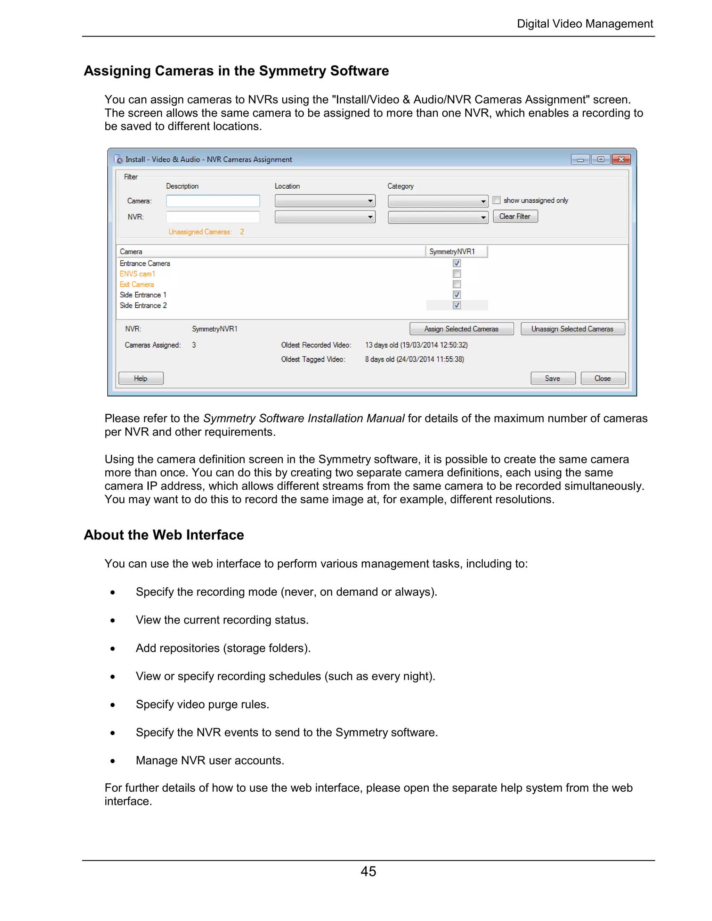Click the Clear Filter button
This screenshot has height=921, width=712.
click(515, 216)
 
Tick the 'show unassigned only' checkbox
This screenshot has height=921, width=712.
click(497, 200)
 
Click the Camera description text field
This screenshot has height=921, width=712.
click(213, 201)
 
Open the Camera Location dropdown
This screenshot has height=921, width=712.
click(325, 201)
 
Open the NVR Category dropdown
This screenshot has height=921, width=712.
click(438, 217)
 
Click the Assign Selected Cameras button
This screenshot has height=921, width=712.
click(461, 329)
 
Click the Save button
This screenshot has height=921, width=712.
click(552, 378)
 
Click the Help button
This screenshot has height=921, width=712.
click(141, 378)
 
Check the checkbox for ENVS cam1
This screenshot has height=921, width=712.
click(457, 274)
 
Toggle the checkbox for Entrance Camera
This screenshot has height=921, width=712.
click(457, 263)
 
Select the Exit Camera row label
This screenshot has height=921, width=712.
click(137, 285)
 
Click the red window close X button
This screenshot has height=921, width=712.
click(621, 160)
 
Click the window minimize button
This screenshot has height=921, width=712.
click(580, 160)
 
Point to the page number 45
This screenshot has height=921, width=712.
click(368, 872)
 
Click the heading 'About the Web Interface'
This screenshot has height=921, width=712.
click(164, 535)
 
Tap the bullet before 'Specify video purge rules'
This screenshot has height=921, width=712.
click(113, 705)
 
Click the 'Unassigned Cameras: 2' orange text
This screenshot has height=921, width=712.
click(206, 232)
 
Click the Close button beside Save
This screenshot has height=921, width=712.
click(602, 378)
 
